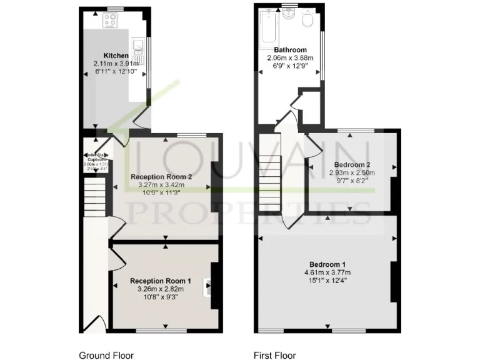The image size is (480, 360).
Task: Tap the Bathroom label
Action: (290, 50)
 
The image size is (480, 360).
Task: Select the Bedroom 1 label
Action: (327, 264)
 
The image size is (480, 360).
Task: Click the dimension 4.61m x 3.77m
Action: (327, 272)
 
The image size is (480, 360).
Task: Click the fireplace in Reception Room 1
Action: (209, 287)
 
